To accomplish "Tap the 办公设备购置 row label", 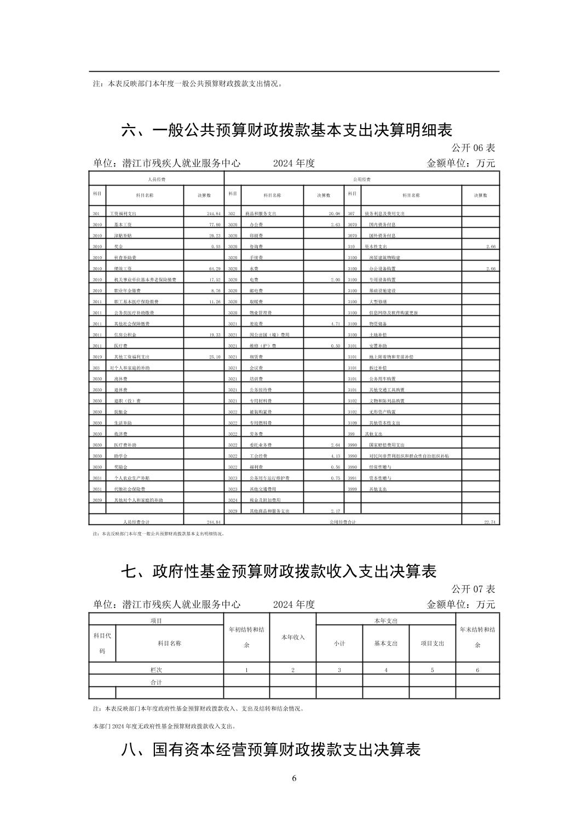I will point(382,269).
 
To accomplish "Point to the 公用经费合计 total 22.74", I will point(489,522).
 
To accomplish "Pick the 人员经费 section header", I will point(157,180).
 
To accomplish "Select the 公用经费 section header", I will point(362,180).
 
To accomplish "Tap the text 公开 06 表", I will point(473,148).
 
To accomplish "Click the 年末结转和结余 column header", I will point(477,638).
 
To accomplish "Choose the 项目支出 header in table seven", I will point(432,644).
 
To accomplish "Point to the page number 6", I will point(294,778).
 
